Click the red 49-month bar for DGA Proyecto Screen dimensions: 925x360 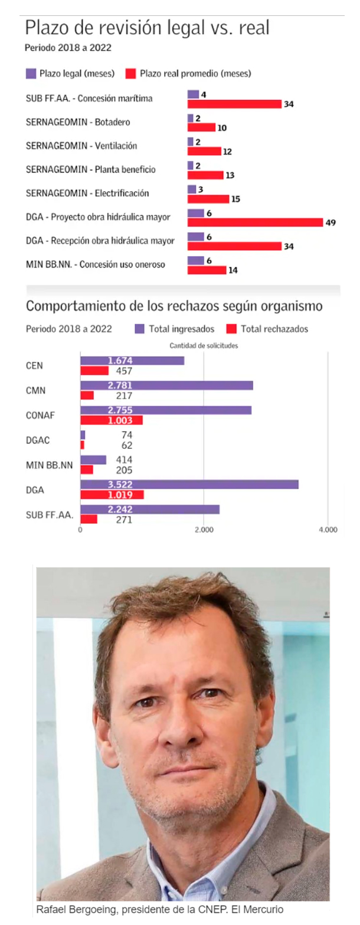click(255, 222)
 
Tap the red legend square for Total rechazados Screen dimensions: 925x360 click(231, 329)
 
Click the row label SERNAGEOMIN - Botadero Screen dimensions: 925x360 click(78, 122)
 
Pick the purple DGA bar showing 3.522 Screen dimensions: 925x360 click(189, 484)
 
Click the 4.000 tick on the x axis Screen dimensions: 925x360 click(328, 530)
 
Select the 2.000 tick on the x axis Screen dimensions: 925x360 click(204, 530)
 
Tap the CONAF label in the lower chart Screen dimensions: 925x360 click(40, 415)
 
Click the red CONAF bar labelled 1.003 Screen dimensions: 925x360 click(112, 420)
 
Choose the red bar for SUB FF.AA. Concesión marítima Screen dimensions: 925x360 click(234, 104)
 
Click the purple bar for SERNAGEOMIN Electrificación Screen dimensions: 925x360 click(192, 189)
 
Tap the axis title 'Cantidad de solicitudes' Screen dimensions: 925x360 click(204, 346)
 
